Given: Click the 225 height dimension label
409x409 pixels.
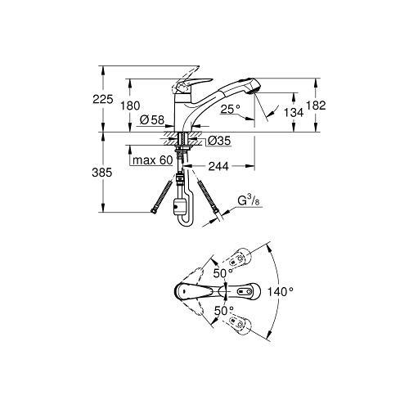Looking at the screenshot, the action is (103, 99).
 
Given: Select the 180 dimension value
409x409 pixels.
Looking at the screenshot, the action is (130, 106).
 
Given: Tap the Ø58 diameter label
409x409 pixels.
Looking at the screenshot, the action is (152, 119).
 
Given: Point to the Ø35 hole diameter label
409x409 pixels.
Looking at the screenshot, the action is (219, 141).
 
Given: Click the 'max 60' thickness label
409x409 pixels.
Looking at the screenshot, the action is (153, 160).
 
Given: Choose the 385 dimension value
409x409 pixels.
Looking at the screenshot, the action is (102, 173).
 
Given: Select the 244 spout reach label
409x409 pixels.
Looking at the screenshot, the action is (218, 166).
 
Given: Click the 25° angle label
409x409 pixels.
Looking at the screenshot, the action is (231, 110).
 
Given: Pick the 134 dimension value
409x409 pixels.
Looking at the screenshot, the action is (294, 112).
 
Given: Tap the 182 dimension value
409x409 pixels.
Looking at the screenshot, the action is (316, 106).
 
